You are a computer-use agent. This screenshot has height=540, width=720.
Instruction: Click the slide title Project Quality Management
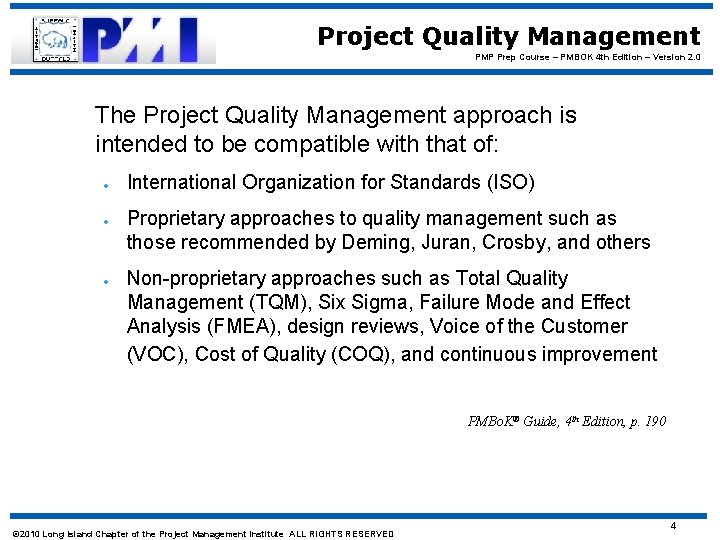(508, 37)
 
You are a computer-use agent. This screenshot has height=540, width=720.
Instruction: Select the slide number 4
(673, 526)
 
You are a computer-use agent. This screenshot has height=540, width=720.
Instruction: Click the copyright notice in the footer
(201, 533)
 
